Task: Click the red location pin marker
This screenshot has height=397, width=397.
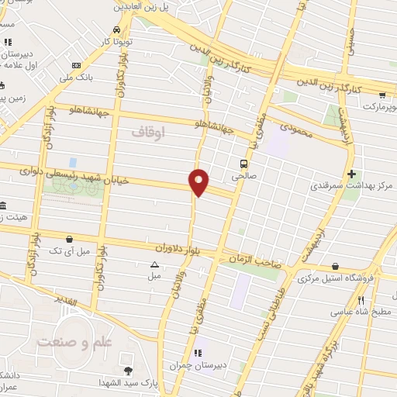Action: [x=199, y=182]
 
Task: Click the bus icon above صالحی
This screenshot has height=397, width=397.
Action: [x=244, y=164]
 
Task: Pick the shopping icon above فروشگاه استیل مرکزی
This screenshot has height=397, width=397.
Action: [x=335, y=266]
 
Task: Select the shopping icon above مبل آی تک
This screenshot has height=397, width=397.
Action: [x=71, y=240]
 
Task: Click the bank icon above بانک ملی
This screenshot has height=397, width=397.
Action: [x=76, y=66]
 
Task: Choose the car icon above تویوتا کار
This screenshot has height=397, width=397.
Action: [x=116, y=30]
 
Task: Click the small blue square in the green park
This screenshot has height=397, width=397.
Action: [x=73, y=162]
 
